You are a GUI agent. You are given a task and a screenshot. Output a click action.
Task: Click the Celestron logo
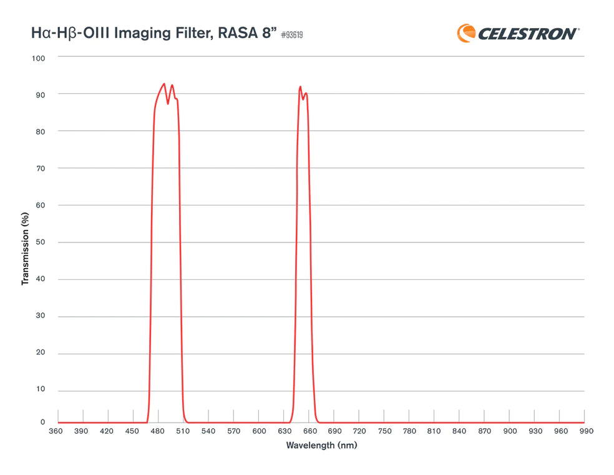518,32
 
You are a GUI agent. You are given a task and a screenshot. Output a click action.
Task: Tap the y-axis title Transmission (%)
26,249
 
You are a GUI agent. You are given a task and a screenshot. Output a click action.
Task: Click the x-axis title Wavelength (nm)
321,446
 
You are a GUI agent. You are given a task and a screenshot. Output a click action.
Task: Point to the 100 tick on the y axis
39,57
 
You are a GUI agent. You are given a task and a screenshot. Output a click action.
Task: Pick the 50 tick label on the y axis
41,242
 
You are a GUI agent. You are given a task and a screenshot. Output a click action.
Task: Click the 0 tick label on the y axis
43,422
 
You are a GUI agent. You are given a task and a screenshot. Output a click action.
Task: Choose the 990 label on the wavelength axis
585,431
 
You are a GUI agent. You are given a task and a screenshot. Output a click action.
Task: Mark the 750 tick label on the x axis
384,431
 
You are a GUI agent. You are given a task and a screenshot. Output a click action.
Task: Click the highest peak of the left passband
164,84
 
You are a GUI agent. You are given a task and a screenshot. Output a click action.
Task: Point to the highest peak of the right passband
300,87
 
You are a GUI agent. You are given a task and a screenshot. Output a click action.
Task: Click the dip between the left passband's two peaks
168,103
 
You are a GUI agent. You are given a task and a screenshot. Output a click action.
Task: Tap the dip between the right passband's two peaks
303,99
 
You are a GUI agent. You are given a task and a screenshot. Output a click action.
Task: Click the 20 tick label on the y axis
41,354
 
